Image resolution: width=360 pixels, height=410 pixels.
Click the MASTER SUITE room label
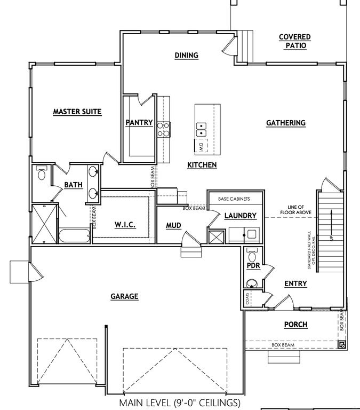click(77, 112)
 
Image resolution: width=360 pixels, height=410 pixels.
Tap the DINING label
click(186, 55)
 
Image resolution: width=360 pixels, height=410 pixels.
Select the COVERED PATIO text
click(294, 41)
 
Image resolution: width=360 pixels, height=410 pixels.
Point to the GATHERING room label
click(285, 123)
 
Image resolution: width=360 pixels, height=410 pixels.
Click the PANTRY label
click(139, 123)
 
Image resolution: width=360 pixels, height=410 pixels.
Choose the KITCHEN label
click(202, 165)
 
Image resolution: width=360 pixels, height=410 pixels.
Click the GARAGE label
click(124, 296)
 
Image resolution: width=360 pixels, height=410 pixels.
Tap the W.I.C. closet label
click(125, 225)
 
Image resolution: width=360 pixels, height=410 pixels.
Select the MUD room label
click(173, 226)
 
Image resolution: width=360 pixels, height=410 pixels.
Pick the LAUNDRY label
click(241, 216)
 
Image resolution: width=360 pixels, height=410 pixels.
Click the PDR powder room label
click(253, 265)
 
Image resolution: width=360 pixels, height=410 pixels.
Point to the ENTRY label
click(295, 283)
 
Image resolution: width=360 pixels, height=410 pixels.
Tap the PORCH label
click(295, 324)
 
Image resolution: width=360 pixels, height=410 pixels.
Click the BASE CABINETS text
click(234, 199)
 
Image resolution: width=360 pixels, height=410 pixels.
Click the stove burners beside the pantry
click(163, 129)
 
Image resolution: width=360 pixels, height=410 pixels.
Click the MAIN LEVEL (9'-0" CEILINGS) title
click(180, 402)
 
